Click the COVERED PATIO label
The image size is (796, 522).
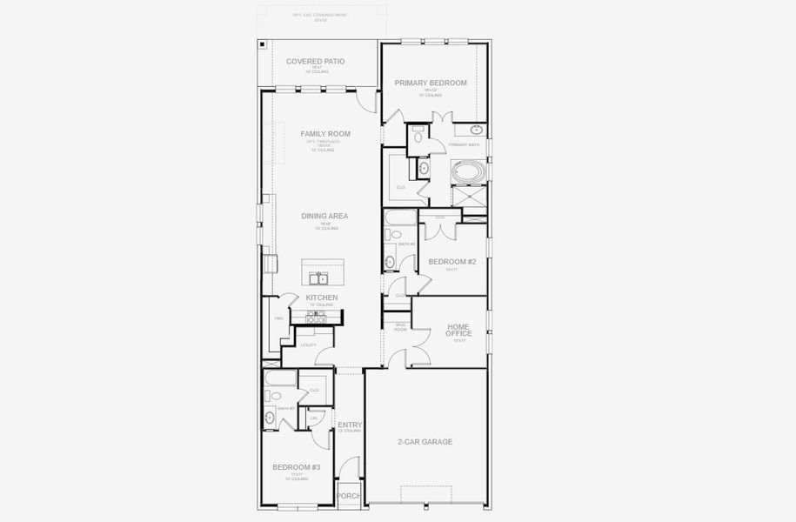[x=316, y=62]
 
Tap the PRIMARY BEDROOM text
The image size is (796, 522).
[x=431, y=84]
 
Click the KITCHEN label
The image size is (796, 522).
[x=321, y=298]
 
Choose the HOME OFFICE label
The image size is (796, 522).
[x=458, y=330]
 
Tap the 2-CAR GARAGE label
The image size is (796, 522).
[x=425, y=442]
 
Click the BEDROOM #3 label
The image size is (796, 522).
[x=297, y=468]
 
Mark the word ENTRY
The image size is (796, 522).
[x=350, y=425]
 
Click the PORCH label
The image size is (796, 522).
[x=349, y=497]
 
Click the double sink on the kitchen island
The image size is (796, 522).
[x=320, y=278]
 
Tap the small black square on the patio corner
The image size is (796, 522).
[x=263, y=43]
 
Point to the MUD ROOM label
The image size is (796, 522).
[x=399, y=328]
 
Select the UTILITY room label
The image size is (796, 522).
[x=308, y=345]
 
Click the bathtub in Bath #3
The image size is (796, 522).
[x=280, y=378]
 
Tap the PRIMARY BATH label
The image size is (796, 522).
[x=464, y=144]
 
